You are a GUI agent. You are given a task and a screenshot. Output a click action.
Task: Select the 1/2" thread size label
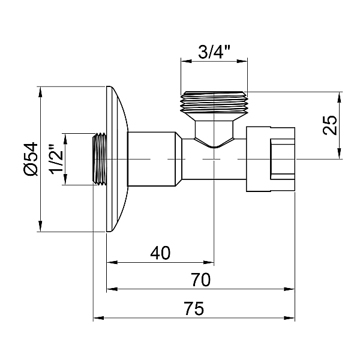coord(56,160)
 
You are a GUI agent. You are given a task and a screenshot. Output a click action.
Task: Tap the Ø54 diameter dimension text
coord(31,160)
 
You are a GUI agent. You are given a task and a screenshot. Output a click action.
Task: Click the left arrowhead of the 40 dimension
coord(110,262)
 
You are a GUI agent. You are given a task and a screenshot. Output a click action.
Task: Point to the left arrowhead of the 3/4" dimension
coord(184,60)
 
